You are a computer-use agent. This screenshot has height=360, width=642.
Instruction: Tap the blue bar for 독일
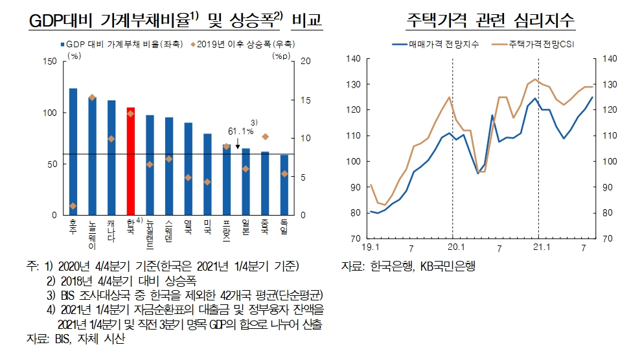click(x=284, y=185)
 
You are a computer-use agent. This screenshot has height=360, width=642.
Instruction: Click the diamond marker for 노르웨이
click(x=92, y=97)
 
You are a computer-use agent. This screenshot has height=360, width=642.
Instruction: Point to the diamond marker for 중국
click(x=265, y=137)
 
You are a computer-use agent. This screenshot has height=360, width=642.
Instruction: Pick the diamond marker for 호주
click(x=73, y=206)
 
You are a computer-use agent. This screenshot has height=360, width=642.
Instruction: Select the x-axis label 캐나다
click(x=111, y=229)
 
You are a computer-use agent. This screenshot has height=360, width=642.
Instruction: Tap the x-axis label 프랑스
click(x=226, y=232)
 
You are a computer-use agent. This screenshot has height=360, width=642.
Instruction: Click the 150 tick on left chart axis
click(x=49, y=62)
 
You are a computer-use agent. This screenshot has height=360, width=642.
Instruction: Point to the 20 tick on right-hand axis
click(x=306, y=62)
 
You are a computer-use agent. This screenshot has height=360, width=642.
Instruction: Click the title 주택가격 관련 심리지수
click(x=490, y=20)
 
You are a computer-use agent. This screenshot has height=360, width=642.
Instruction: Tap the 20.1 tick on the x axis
click(x=453, y=247)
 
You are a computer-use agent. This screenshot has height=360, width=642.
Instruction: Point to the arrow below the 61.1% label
click(x=238, y=143)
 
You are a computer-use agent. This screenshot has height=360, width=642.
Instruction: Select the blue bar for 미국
click(x=207, y=174)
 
